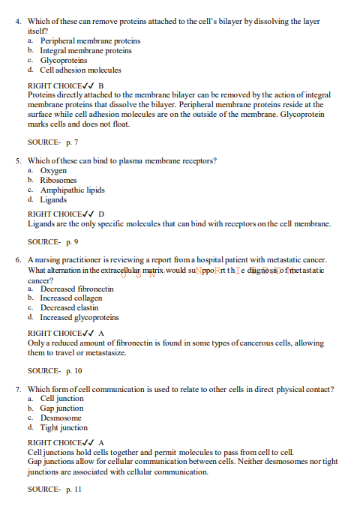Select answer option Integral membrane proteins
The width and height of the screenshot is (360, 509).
(x=85, y=51)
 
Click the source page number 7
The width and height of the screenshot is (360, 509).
(x=76, y=142)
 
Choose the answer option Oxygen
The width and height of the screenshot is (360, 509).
(x=53, y=171)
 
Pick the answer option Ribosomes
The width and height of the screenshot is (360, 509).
(x=58, y=181)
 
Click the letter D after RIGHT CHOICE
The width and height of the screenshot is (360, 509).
(x=101, y=214)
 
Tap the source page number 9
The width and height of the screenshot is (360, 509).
(x=76, y=242)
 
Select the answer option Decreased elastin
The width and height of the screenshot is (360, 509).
(x=70, y=308)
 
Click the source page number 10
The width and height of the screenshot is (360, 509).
(x=77, y=370)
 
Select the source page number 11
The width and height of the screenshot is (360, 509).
(x=77, y=490)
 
